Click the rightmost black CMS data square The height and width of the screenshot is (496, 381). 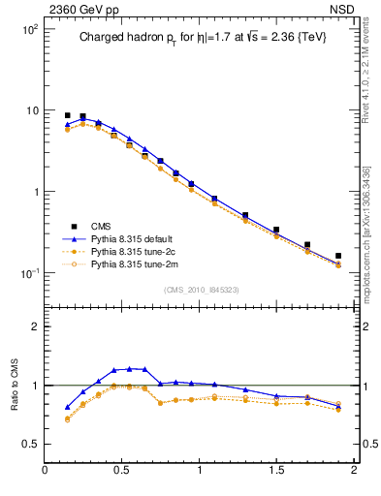pyautogui.click(x=338, y=257)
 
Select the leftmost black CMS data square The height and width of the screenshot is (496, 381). pyautogui.click(x=68, y=115)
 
